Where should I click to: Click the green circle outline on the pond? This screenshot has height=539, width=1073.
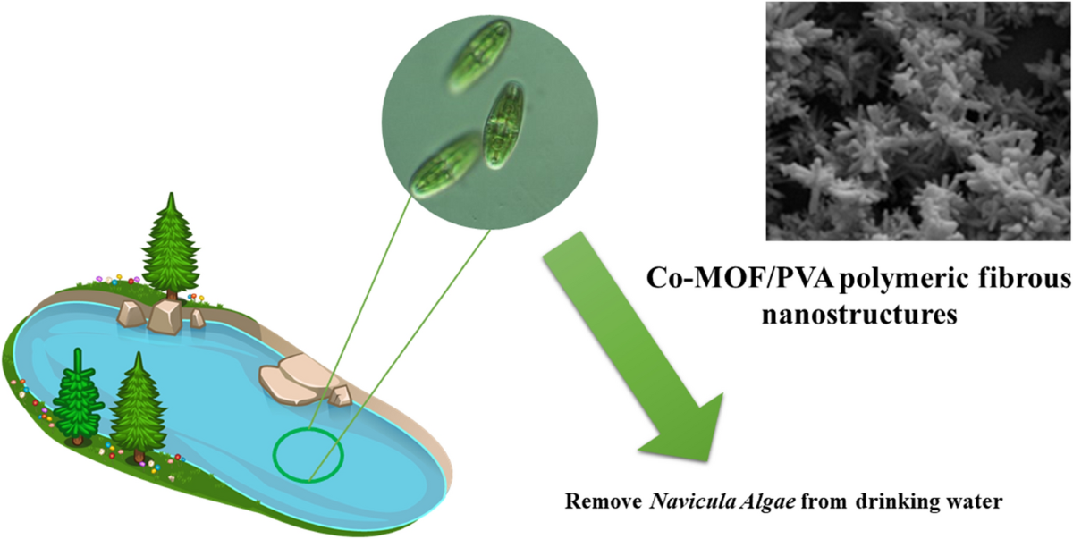(x=308, y=454)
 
